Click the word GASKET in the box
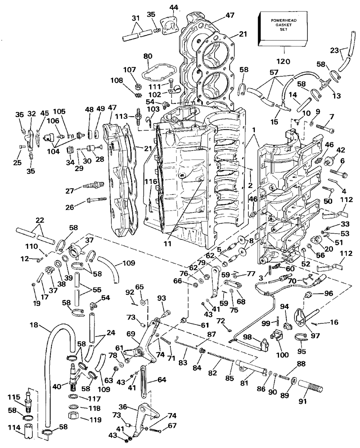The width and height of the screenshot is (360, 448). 283,25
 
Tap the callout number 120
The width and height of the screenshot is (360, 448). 283,62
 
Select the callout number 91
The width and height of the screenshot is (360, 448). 302,401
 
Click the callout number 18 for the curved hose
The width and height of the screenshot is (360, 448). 34,325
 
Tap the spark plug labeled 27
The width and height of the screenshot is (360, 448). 94,184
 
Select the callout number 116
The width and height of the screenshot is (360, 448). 151,182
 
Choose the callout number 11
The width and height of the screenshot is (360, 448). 167,243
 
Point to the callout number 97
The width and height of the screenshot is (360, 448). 315,336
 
